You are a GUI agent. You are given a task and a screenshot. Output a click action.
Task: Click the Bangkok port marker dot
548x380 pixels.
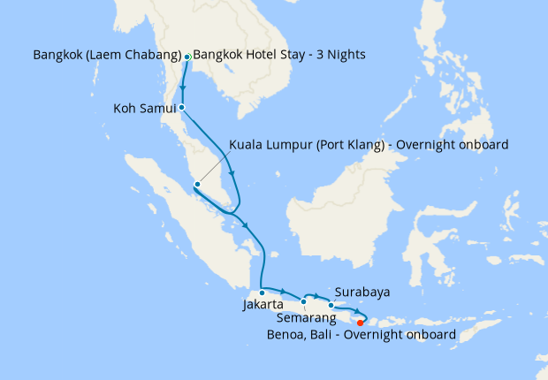coord(187,57)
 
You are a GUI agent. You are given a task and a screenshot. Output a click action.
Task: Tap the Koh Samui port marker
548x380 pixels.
coord(181,108)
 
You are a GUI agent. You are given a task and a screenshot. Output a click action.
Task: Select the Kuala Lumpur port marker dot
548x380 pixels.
coord(197,185)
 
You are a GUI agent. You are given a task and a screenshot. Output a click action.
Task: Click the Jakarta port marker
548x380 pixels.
coord(263,293)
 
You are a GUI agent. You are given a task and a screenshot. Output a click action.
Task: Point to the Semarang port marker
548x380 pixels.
coord(303,301)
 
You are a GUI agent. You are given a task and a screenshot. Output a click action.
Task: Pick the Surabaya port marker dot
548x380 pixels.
coord(331,305)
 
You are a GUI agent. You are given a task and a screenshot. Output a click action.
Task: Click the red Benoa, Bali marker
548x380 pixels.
coord(360,323)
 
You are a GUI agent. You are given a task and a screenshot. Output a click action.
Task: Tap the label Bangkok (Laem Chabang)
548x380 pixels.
coord(107,55)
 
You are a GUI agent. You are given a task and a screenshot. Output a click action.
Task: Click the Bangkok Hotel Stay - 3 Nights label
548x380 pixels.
coord(278,55)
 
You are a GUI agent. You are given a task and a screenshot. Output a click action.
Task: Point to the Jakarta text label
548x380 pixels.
coord(263,307)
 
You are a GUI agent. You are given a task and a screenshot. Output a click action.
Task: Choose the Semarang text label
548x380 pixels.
coord(307,316)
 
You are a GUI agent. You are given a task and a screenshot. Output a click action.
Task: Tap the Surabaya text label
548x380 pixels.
coord(362,292)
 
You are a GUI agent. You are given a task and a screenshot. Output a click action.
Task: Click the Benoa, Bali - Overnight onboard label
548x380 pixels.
coord(362,335)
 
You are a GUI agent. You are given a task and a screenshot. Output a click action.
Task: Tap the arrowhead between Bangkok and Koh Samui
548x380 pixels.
coord(183,87)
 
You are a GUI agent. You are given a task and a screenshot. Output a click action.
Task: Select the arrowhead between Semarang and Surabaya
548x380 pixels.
coord(318,294)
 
